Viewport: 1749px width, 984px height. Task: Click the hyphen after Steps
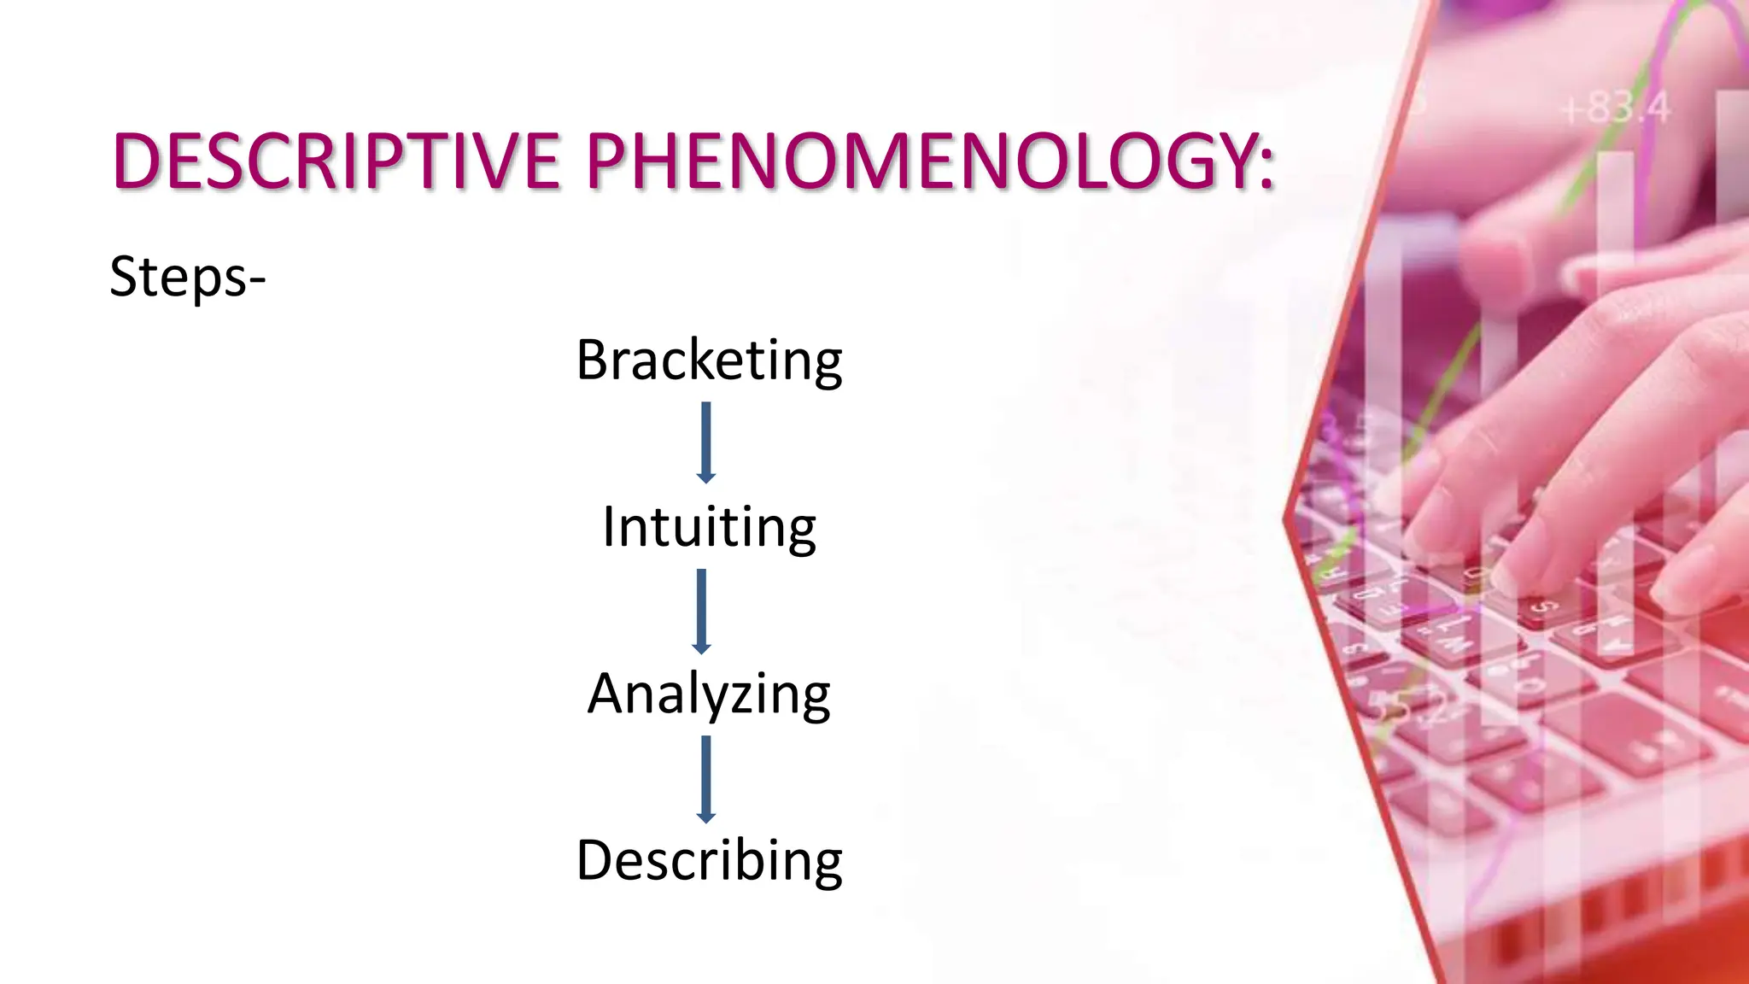coord(256,280)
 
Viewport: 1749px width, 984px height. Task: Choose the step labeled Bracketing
coord(709,360)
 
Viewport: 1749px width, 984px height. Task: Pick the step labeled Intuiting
coord(709,527)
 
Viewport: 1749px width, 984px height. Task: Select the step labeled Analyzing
coord(709,694)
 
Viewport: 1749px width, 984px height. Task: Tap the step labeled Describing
coord(709,860)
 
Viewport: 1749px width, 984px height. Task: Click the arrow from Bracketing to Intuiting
coord(705,442)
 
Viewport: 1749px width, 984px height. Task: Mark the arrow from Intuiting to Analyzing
coord(702,611)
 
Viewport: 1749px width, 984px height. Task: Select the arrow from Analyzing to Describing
coord(705,779)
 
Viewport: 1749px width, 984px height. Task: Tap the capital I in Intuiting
coord(609,526)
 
